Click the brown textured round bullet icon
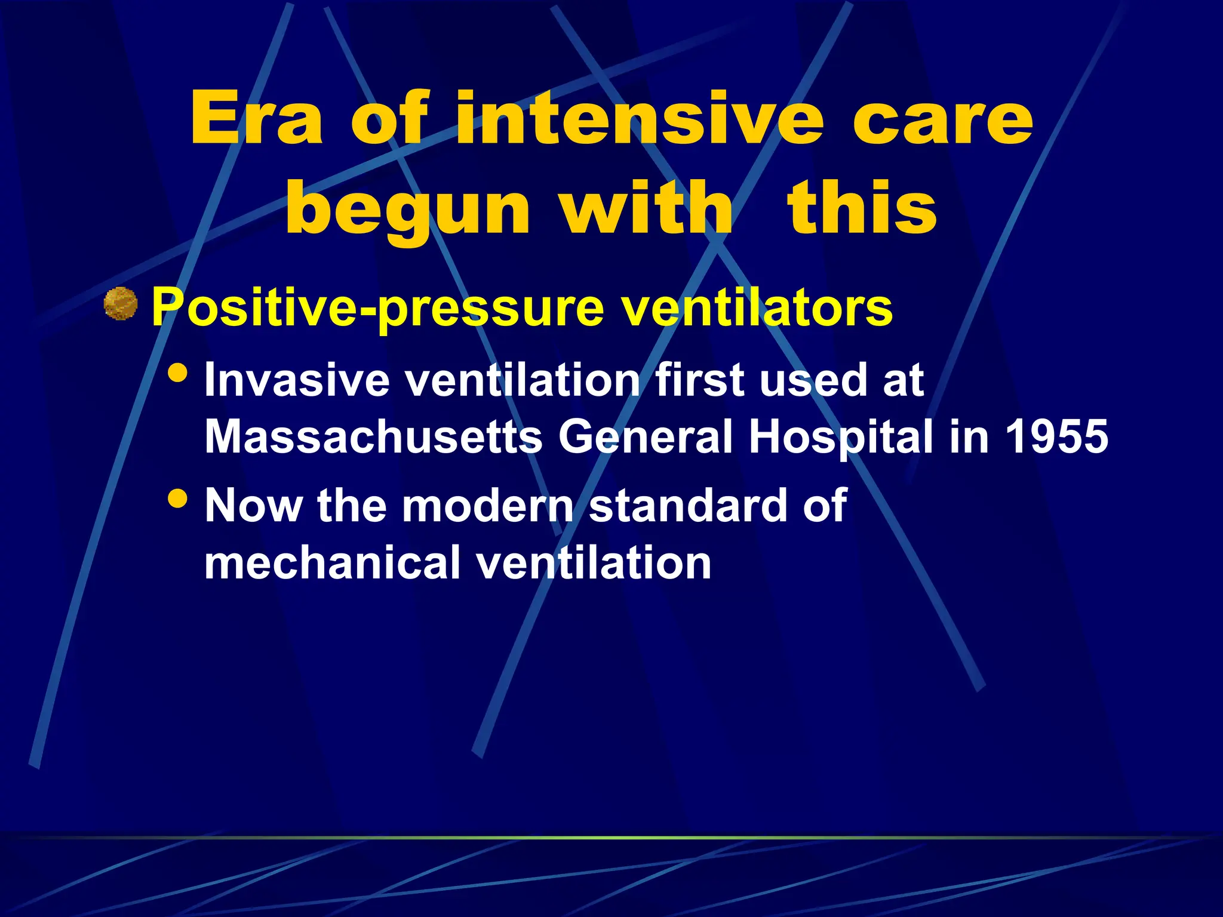point(121,304)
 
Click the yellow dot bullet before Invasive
point(178,374)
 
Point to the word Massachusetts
point(373,436)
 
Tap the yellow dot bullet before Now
point(178,498)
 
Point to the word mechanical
point(332,562)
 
